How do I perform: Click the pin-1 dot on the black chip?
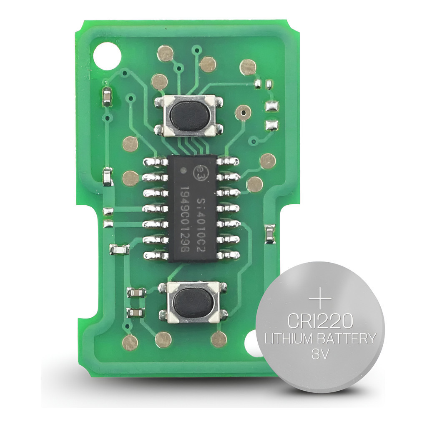pyautogui.click(x=183, y=171)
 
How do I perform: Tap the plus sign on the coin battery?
pyautogui.click(x=320, y=299)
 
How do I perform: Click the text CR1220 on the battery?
pyautogui.click(x=320, y=322)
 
